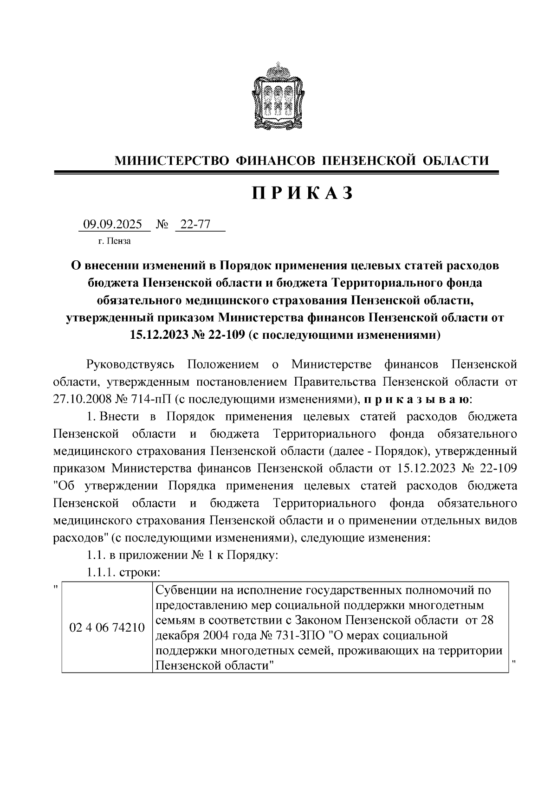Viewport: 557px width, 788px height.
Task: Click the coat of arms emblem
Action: coord(278,96)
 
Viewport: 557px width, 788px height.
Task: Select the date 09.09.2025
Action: coord(112,225)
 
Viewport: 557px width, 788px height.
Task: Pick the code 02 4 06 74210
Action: coord(107,628)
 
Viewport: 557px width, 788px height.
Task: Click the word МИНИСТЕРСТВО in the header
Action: coord(172,161)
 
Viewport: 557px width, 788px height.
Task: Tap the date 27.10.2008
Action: coord(81,399)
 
